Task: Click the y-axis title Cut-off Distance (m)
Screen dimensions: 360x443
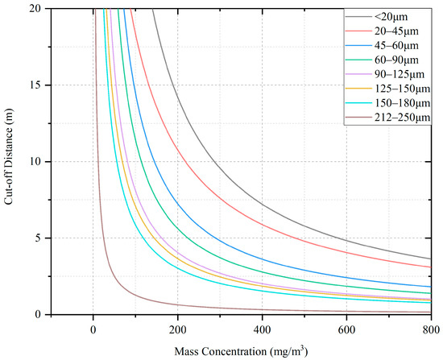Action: [11, 161]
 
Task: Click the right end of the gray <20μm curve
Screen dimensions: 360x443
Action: [431, 259]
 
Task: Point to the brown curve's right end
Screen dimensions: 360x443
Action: [431, 312]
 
